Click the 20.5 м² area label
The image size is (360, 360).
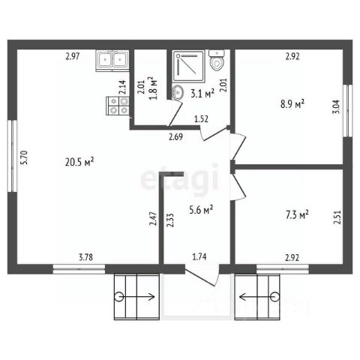(79, 162)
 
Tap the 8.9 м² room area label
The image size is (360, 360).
(292, 103)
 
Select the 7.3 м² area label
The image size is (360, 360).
(297, 214)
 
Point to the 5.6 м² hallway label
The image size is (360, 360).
(201, 210)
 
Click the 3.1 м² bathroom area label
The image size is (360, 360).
(202, 94)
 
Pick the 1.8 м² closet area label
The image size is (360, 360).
(154, 88)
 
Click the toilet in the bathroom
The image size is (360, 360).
(217, 60)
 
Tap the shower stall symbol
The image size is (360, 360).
(189, 66)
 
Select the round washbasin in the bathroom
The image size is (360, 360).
(178, 93)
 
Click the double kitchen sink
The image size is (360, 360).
(112, 61)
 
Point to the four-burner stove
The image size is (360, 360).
(118, 106)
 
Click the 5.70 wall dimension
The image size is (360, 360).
(25, 157)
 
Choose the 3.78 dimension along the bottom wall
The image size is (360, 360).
(85, 257)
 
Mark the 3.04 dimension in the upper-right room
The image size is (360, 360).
(337, 106)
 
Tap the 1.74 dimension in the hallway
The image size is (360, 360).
(199, 256)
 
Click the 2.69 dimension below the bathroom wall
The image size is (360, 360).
(175, 136)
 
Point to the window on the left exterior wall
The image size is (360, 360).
(12, 156)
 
